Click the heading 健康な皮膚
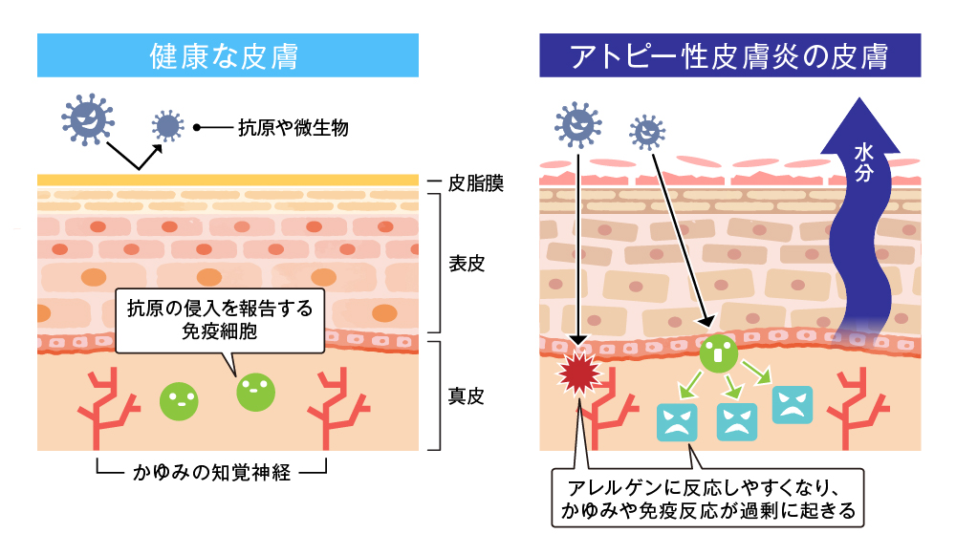tap(228, 55)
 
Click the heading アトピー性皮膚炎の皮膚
tap(730, 55)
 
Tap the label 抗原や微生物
tap(293, 127)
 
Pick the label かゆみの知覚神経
tap(212, 472)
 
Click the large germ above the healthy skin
tap(87, 118)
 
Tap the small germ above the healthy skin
tap(168, 125)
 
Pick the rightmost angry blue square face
tap(792, 405)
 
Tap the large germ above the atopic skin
tap(576, 121)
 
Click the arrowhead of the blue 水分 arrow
tap(863, 115)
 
